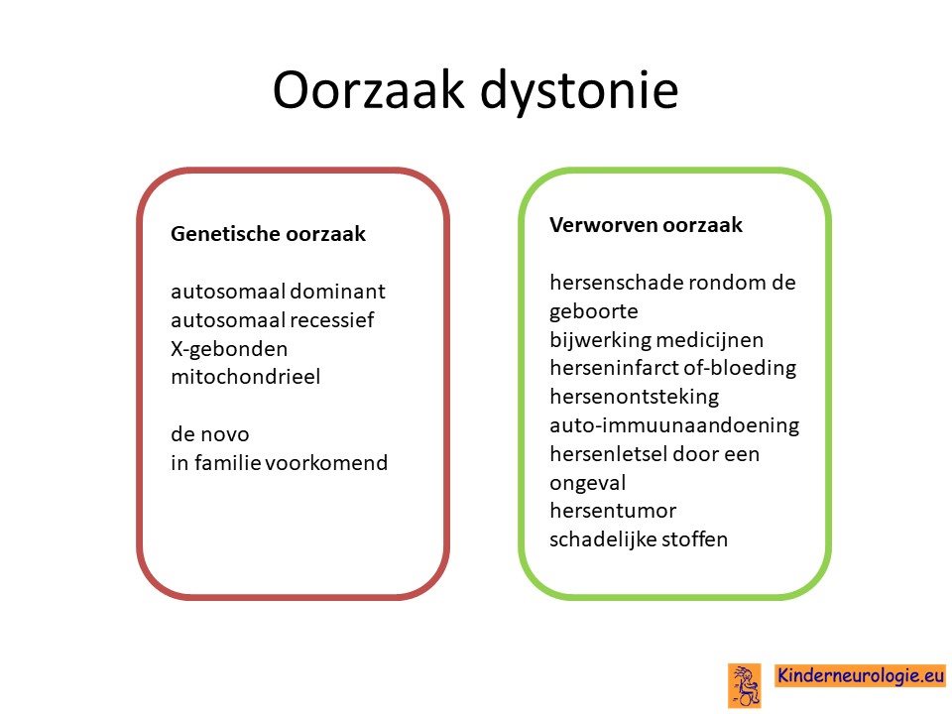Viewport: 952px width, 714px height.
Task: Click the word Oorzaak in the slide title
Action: [x=368, y=90]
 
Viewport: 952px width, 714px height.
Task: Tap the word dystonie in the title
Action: [x=578, y=91]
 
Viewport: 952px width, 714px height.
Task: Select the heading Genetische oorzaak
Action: [x=268, y=234]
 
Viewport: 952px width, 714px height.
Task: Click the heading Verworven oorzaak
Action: [x=646, y=225]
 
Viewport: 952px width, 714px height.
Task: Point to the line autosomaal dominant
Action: [x=278, y=291]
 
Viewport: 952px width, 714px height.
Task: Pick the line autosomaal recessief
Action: [x=272, y=319]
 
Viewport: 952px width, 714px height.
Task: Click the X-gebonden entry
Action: [x=229, y=348]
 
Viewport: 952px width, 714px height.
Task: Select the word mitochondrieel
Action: [x=245, y=377]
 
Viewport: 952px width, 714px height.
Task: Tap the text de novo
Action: [x=209, y=434]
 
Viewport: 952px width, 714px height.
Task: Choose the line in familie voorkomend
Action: [x=279, y=463]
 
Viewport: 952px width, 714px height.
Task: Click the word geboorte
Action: [x=593, y=311]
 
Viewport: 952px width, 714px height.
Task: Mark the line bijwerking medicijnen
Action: [x=656, y=339]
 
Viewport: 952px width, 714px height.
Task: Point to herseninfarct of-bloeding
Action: [x=672, y=368]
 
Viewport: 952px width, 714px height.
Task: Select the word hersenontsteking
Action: [x=634, y=397]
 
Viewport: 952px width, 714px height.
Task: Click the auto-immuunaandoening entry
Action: [x=674, y=425]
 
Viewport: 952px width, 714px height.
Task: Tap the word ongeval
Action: [x=587, y=483]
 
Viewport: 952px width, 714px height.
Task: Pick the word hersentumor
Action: [x=613, y=511]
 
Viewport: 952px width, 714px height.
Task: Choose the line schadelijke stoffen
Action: [x=638, y=539]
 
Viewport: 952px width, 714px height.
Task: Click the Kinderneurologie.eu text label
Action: [x=861, y=675]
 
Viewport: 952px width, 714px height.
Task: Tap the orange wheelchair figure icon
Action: [x=745, y=685]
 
